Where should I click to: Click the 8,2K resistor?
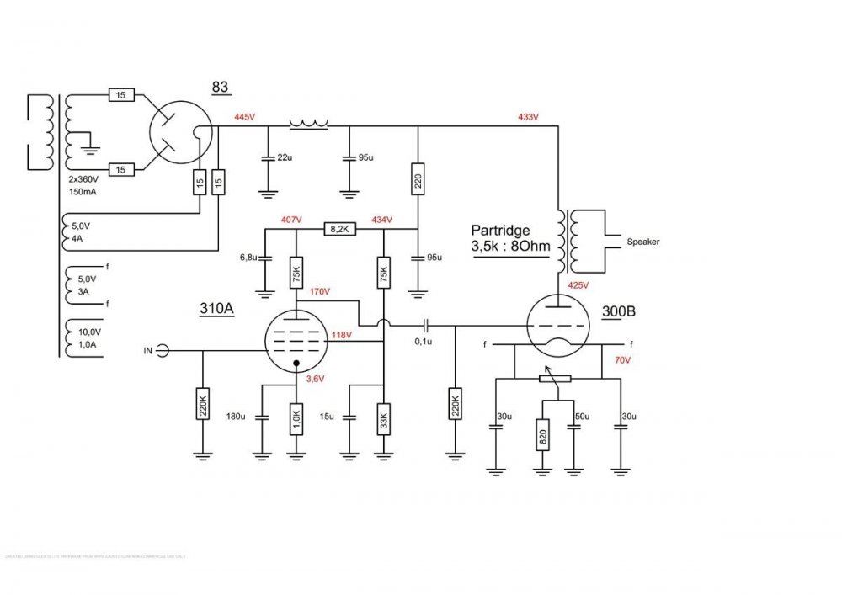coord(341,228)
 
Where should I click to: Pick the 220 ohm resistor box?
coord(417,179)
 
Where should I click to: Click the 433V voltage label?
coord(529,116)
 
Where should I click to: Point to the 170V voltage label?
coord(318,292)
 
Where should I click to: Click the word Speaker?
coord(643,242)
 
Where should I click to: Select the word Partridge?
coord(502,229)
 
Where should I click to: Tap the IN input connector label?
coord(150,349)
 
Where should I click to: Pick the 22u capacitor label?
coord(284,158)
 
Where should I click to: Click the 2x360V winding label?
coord(84,180)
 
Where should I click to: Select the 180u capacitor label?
coord(237,416)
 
